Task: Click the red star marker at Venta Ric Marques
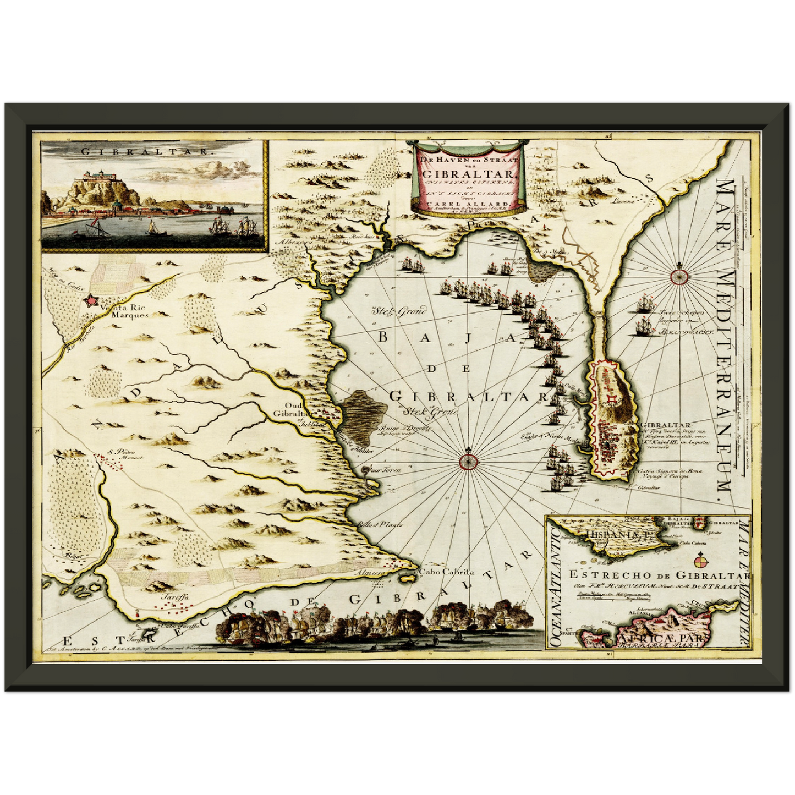pos(90,301)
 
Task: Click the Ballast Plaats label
pos(380,524)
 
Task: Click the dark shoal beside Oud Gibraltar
pos(363,416)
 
